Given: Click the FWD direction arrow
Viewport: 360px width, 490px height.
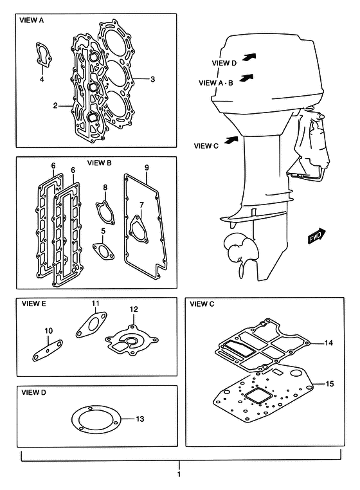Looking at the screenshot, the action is coord(316,236).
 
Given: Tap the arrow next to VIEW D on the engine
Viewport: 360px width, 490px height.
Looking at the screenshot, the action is coord(249,57).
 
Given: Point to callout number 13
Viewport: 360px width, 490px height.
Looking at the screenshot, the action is coord(140,419).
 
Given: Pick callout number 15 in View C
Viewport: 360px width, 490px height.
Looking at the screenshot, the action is coord(330,383).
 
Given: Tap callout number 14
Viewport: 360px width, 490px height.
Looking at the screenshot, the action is coord(328,343).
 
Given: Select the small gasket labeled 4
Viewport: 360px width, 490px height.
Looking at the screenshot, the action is coord(43,55).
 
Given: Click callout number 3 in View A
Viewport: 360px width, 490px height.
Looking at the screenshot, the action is coord(152,79).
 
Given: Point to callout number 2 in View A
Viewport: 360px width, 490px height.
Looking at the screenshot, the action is coord(55,105).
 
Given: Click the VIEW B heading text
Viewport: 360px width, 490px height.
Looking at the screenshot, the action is coord(100,163).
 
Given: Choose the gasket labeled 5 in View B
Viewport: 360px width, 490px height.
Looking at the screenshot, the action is coord(103,251).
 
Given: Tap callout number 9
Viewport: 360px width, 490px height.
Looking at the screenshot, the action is coord(147,167).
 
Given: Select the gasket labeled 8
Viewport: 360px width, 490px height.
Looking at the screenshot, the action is coord(105,212).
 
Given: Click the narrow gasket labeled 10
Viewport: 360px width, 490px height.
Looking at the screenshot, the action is coord(48,350).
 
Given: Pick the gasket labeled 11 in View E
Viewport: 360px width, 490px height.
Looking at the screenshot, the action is coord(91,325).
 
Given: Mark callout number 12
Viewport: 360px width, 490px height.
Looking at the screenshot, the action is coord(134,309).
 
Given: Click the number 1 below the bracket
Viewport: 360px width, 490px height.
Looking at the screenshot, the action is coord(179,474).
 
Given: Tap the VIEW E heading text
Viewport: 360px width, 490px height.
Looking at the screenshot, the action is coord(33,304).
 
